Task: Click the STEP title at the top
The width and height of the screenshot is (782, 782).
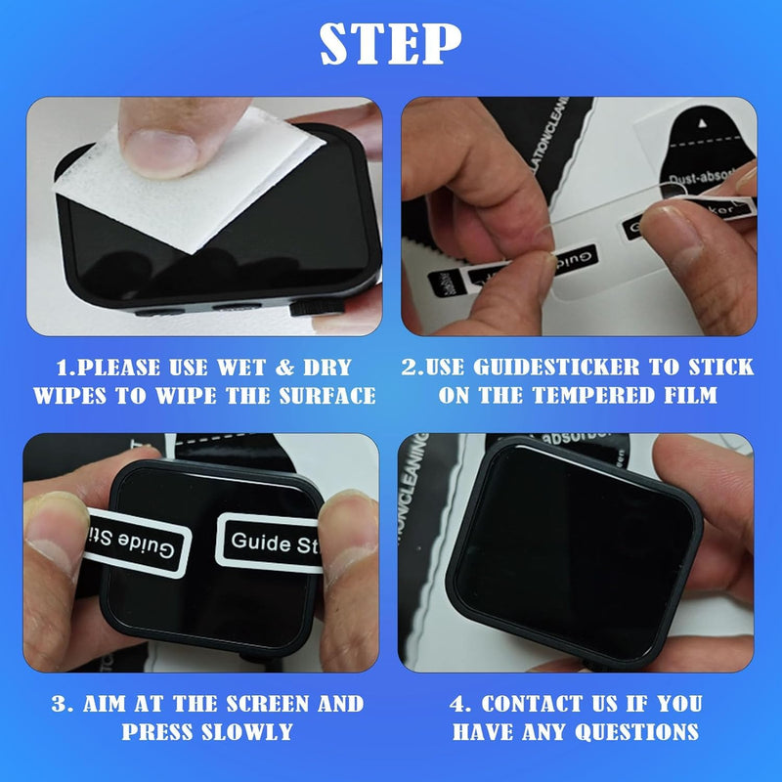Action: tap(391, 42)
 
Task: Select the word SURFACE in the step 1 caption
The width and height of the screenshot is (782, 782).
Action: tap(324, 396)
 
